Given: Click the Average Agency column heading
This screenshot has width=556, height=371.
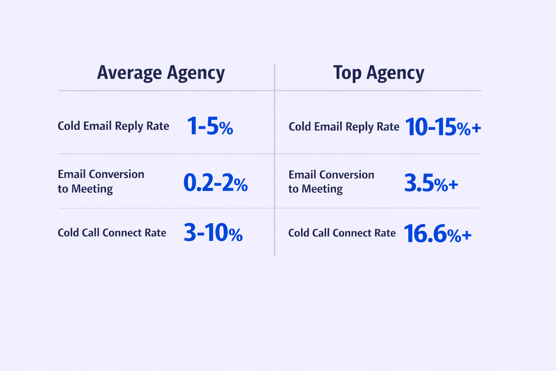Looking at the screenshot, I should pyautogui.click(x=161, y=73).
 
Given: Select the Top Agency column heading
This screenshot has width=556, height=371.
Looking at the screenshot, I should pyautogui.click(x=379, y=73).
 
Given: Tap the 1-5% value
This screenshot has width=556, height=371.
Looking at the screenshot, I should pyautogui.click(x=210, y=126).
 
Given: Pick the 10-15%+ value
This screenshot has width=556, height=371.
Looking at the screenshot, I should pyautogui.click(x=443, y=127).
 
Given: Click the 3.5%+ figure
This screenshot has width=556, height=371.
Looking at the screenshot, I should pyautogui.click(x=431, y=183).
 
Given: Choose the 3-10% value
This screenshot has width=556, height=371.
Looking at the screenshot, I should pyautogui.click(x=213, y=233).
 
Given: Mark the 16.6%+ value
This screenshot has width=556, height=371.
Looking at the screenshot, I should pyautogui.click(x=437, y=234).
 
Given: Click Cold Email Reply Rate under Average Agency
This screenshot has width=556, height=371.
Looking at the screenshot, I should pyautogui.click(x=113, y=126).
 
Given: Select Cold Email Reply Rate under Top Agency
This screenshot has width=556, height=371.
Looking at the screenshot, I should pyautogui.click(x=344, y=127).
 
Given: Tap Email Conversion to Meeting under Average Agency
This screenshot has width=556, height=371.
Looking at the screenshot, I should pyautogui.click(x=101, y=181).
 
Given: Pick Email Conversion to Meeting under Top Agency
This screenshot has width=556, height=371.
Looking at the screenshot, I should pyautogui.click(x=331, y=182).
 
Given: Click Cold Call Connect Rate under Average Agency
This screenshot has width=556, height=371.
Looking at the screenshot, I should pyautogui.click(x=112, y=233).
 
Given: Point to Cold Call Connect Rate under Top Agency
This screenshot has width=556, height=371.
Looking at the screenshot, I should pyautogui.click(x=342, y=233).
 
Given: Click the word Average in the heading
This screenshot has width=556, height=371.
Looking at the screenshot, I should pyautogui.click(x=129, y=73).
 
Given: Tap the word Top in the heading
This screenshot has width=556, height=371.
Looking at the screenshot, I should pyautogui.click(x=347, y=73).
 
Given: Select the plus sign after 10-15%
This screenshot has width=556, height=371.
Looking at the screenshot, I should pyautogui.click(x=476, y=128).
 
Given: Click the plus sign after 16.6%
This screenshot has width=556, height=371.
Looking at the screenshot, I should pyautogui.click(x=467, y=235).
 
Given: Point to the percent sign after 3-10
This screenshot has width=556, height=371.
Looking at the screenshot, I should pyautogui.click(x=235, y=235).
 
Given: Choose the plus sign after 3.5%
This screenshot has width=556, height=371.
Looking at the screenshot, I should pyautogui.click(x=453, y=185).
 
